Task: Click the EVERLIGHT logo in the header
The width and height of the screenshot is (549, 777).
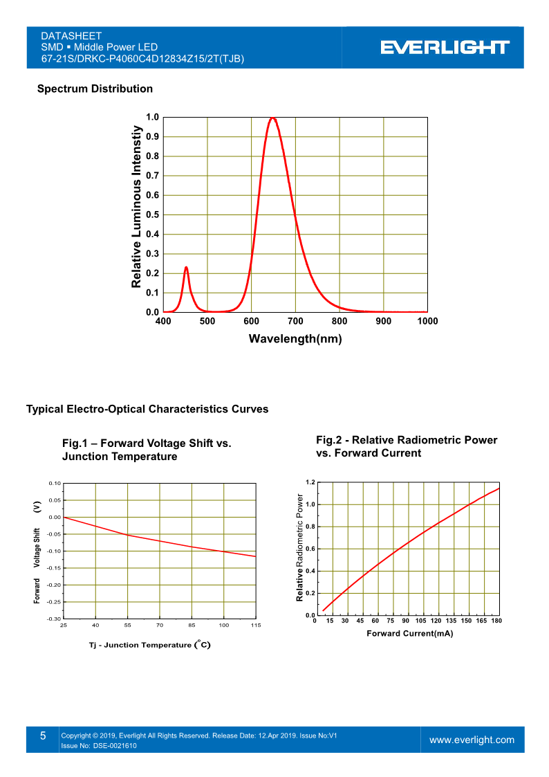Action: (x=445, y=47)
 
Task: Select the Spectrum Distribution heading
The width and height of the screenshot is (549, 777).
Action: (x=95, y=89)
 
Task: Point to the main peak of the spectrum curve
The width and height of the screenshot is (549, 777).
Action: (x=273, y=118)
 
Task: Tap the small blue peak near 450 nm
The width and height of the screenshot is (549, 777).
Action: (x=186, y=268)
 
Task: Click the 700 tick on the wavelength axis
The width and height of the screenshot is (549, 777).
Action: (x=295, y=321)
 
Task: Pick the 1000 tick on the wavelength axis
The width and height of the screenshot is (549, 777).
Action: (x=427, y=321)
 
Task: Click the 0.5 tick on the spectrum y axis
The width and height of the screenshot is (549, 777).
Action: (x=153, y=215)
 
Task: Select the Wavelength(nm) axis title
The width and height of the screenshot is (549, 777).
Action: (x=295, y=339)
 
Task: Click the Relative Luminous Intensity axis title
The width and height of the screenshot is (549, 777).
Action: (x=137, y=207)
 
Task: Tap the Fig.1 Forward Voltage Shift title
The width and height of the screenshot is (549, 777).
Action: (x=147, y=450)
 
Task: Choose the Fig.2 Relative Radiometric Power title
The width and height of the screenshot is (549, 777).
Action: (x=407, y=446)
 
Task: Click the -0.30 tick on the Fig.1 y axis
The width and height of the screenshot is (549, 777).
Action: (x=55, y=619)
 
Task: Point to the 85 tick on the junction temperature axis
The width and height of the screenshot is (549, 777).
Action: (x=192, y=625)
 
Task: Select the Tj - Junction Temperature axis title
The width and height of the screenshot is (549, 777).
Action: (x=149, y=645)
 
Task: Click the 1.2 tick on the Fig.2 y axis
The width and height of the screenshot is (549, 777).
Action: (x=310, y=482)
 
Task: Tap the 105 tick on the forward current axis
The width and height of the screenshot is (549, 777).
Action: (x=420, y=621)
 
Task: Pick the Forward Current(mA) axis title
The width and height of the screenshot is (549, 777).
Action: (x=409, y=634)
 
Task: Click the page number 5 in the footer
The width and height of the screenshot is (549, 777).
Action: (x=42, y=736)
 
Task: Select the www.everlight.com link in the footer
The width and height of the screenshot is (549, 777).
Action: (x=472, y=740)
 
